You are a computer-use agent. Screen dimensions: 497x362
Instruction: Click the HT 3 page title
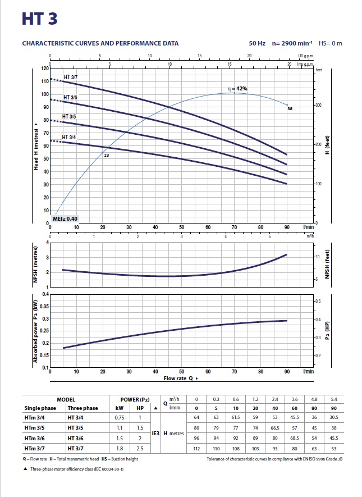[x=39, y=18]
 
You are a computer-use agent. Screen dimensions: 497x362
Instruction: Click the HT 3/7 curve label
[x=71, y=77]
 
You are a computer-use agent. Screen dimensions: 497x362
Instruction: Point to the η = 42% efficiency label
[x=237, y=89]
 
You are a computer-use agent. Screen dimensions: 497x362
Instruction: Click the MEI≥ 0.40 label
[x=66, y=218]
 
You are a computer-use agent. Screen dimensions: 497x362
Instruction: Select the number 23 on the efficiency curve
[x=106, y=154]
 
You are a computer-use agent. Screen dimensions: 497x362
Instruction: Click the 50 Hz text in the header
[x=257, y=43]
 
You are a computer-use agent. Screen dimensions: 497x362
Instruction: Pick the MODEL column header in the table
[x=66, y=400]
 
